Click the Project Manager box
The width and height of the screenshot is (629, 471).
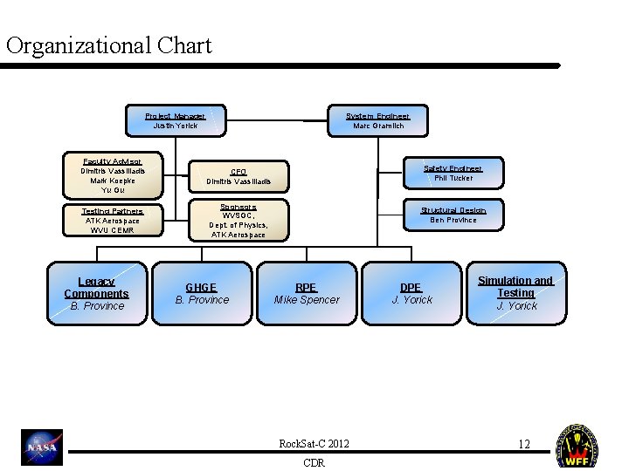pyautogui.click(x=176, y=120)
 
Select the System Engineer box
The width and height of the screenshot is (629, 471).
pyautogui.click(x=377, y=120)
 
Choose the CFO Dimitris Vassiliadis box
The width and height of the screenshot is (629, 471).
pyautogui.click(x=238, y=176)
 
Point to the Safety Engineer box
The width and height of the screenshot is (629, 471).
pyautogui.click(x=453, y=173)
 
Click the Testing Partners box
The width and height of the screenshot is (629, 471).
pyautogui.click(x=113, y=220)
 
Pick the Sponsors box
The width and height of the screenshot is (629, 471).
pyautogui.click(x=238, y=220)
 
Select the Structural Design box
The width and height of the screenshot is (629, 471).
pyautogui.click(x=453, y=215)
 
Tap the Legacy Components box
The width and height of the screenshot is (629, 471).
pyautogui.click(x=97, y=293)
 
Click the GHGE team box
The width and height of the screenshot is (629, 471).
pyautogui.click(x=202, y=293)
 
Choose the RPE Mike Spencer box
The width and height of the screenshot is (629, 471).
pyautogui.click(x=307, y=293)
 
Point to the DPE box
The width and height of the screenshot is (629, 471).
pyautogui.click(x=411, y=293)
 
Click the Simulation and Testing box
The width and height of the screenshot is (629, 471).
pyautogui.click(x=516, y=292)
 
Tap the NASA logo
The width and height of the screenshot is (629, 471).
pyautogui.click(x=42, y=447)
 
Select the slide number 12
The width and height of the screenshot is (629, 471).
pyautogui.click(x=524, y=444)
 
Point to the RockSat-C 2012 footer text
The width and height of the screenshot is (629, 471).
pyautogui.click(x=314, y=444)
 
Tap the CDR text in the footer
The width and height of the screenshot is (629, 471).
pyautogui.click(x=314, y=462)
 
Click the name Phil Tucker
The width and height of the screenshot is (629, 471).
pyautogui.click(x=453, y=178)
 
